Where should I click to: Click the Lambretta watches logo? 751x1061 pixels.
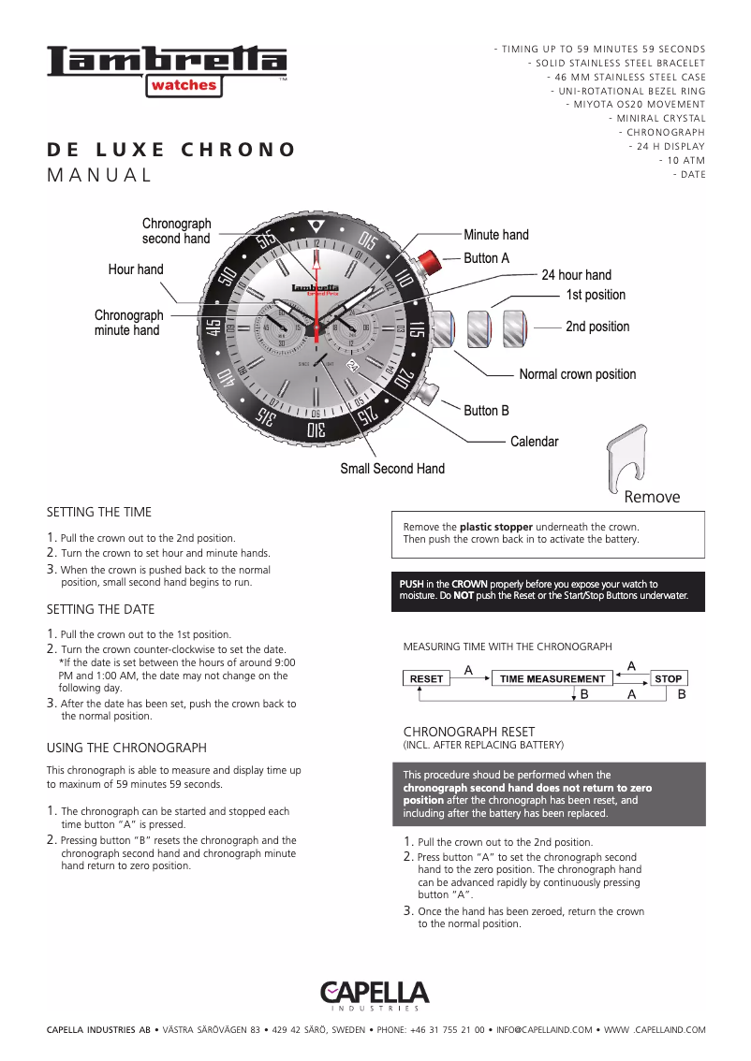coord(167,71)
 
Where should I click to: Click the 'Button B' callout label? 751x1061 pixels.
coord(486,411)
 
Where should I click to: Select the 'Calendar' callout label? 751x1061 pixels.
coord(534,442)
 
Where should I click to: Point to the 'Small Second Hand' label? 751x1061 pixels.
coord(391,469)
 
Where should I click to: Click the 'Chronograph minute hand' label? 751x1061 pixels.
coord(127,323)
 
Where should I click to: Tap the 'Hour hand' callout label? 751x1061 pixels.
coord(136,269)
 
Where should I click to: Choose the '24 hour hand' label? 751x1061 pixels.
coord(576,275)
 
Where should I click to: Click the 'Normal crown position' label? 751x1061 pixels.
coord(577,374)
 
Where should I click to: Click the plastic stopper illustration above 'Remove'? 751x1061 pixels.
coord(627,458)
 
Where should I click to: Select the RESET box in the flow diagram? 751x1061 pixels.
coord(427,678)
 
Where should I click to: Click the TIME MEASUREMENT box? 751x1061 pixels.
coord(552,678)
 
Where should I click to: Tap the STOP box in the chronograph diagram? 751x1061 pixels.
coord(668,678)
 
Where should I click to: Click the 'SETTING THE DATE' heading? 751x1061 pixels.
coord(100,609)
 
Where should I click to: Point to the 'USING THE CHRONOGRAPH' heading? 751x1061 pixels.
coord(126,748)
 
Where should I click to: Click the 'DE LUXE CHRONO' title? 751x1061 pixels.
coord(171,150)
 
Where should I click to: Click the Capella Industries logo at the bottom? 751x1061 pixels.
coord(375,996)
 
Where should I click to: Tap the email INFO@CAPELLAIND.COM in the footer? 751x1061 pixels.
coord(544,1030)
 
